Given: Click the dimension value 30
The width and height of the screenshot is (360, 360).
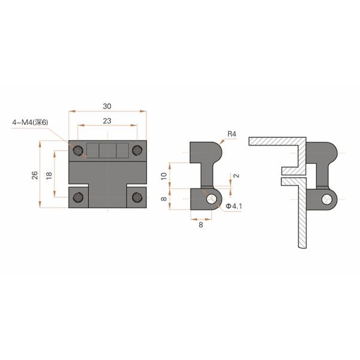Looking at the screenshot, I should pyautogui.click(x=107, y=106).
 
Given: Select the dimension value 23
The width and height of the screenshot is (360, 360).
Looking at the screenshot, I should pyautogui.click(x=107, y=121).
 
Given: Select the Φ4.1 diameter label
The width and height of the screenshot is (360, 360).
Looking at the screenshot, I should pyautogui.click(x=234, y=206).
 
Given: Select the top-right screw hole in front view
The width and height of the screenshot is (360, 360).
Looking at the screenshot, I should pyautogui.click(x=137, y=149).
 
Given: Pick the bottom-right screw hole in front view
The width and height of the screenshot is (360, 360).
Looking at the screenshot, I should pyautogui.click(x=137, y=197).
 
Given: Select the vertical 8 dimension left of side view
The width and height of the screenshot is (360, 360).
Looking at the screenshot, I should pyautogui.click(x=164, y=199).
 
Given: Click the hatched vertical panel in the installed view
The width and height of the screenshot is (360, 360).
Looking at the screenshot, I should pyautogui.click(x=302, y=222).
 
